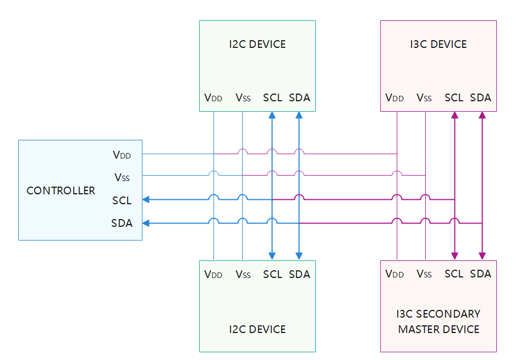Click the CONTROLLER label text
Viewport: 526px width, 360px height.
click(61, 191)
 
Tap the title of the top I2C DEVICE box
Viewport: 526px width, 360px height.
click(257, 45)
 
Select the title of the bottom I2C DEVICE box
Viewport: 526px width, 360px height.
click(257, 329)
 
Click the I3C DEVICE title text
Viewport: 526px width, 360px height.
click(439, 45)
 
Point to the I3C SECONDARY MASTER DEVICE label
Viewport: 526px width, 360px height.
click(439, 321)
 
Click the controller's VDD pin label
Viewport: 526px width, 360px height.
click(122, 155)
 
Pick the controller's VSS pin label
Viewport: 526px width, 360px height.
click(122, 177)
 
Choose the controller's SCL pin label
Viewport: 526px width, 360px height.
click(122, 200)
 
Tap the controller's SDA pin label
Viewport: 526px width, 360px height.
click(122, 223)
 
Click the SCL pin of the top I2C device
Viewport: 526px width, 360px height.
click(272, 98)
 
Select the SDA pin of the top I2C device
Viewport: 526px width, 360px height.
click(299, 98)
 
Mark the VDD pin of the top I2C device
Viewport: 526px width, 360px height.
click(213, 98)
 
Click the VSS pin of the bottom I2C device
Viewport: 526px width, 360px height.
click(243, 274)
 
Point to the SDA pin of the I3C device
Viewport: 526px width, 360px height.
click(480, 98)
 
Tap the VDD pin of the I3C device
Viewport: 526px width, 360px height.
click(394, 98)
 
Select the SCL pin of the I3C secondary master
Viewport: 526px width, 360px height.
click(453, 274)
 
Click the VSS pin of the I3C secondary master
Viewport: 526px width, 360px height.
click(424, 274)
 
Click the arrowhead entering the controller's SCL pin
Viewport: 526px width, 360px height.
click(146, 200)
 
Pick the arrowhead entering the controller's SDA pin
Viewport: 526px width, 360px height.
click(146, 223)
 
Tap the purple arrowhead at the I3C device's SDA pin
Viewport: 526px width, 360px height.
click(482, 116)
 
